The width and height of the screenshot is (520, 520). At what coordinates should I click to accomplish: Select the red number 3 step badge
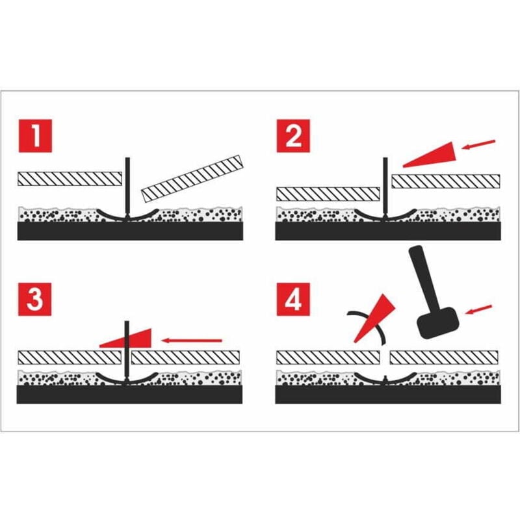click(34, 299)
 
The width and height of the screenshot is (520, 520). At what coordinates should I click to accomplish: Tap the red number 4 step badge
click(293, 299)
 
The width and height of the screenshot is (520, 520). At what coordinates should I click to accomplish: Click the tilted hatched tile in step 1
click(191, 177)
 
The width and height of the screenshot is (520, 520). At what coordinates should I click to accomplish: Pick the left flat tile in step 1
click(70, 177)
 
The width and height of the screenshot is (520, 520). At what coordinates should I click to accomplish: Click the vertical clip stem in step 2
click(386, 185)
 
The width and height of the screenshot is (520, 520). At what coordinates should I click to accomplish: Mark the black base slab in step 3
click(130, 394)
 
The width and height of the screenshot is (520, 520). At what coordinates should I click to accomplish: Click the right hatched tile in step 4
click(445, 356)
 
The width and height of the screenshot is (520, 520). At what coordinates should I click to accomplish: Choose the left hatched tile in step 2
click(328, 193)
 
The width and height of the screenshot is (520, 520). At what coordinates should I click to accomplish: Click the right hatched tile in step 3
click(185, 356)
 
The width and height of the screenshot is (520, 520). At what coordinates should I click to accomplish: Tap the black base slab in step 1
click(130, 231)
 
